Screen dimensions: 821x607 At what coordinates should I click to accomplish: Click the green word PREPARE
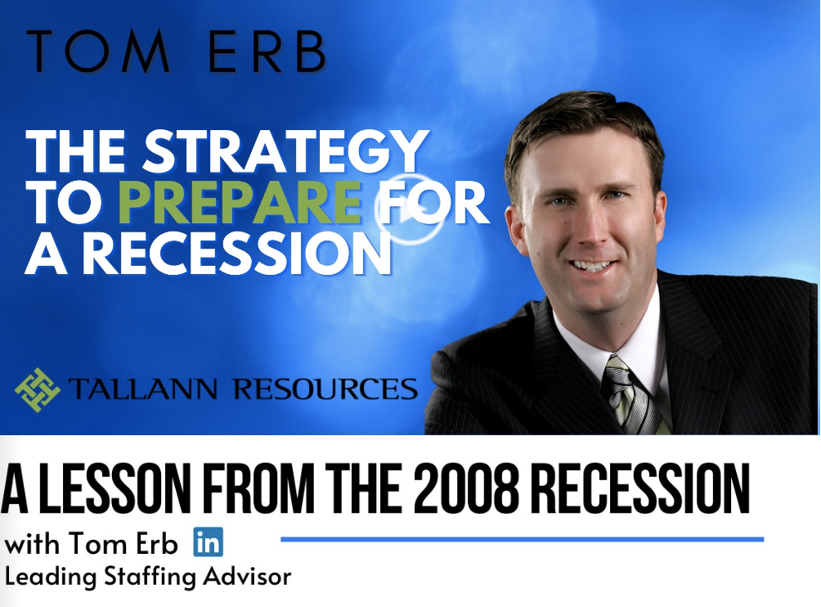pos(240,202)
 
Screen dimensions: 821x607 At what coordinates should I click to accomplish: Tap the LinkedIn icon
pos(208,542)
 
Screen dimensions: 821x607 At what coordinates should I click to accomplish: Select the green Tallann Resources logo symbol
pos(37,389)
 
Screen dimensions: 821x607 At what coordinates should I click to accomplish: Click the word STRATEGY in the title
pos(286,151)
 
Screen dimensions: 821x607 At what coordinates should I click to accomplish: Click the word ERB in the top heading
pos(267,51)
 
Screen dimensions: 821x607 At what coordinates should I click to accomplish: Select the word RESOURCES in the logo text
pos(325,389)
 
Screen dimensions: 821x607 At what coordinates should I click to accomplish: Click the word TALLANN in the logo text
pos(142,389)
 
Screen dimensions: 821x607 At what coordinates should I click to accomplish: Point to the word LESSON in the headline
pos(115,488)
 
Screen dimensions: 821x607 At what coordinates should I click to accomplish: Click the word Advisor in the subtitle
pos(247,577)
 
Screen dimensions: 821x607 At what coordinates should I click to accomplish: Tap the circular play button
pos(410,209)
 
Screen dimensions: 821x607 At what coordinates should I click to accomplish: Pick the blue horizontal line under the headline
pos(522,539)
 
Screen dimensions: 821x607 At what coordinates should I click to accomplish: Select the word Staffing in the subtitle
pos(150,578)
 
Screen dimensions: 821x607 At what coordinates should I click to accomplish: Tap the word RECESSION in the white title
pos(236,254)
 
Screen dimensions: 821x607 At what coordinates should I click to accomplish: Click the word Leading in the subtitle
pos(51,578)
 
